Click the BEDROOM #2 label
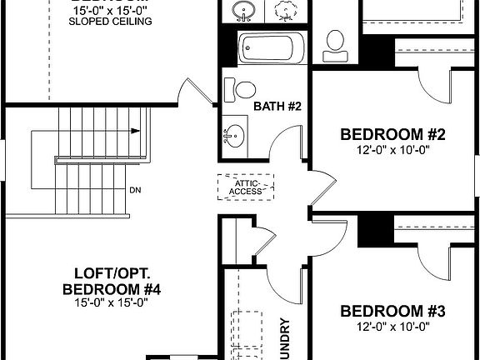click(x=392, y=135)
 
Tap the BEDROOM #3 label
click(x=392, y=311)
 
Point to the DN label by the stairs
click(x=135, y=190)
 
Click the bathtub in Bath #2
click(x=268, y=50)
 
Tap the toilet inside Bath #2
click(x=247, y=89)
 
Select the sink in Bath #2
click(x=234, y=134)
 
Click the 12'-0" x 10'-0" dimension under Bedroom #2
click(x=392, y=151)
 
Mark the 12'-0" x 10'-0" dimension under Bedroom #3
click(x=392, y=327)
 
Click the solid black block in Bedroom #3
click(x=374, y=230)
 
